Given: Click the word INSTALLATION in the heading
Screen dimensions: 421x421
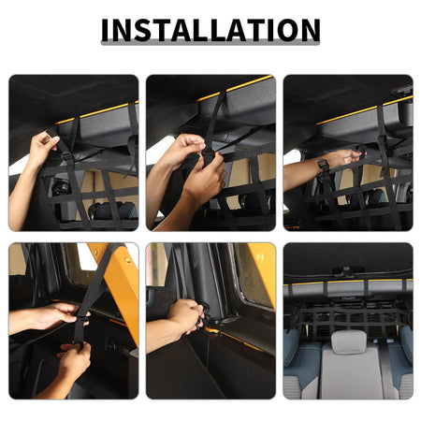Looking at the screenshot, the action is [210, 30].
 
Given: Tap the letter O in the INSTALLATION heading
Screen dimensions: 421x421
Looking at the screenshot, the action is [285, 30].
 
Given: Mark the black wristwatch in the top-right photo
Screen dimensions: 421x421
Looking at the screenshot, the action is [323, 165].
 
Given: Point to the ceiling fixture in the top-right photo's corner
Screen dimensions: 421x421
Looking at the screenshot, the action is [401, 91].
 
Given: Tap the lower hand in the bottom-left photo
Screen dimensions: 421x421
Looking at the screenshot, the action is [74, 358].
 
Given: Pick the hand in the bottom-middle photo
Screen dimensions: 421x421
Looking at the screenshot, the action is [186, 315].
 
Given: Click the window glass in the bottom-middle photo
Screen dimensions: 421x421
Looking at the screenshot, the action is [252, 274].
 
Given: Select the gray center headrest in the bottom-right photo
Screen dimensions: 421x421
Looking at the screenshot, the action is [349, 341].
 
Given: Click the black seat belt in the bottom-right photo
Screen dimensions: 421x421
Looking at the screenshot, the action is [386, 368].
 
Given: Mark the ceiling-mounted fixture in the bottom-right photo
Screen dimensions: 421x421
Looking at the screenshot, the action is [346, 270].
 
